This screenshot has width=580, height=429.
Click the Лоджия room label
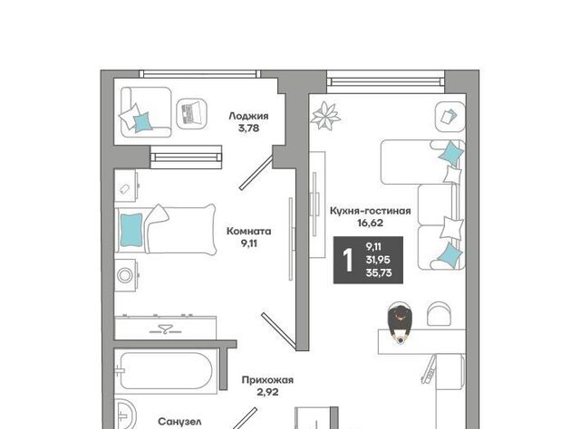(248, 116)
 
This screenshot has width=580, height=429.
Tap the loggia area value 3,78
(249, 129)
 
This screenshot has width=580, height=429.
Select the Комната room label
(248, 232)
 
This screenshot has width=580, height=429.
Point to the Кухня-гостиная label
(371, 211)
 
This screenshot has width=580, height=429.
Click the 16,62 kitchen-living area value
(370, 223)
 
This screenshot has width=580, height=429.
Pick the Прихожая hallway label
(267, 380)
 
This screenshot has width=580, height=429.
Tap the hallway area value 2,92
(267, 392)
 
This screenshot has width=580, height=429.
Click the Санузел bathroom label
(179, 422)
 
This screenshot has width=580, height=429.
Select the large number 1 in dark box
(348, 260)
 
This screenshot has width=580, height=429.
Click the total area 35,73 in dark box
(379, 273)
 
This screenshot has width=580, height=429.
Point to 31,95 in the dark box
(378, 260)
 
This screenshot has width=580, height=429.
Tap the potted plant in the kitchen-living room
(324, 116)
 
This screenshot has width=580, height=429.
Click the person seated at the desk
(400, 322)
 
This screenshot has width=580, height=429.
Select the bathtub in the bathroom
(167, 370)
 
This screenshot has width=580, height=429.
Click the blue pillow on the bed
(131, 231)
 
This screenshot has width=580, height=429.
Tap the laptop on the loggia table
(191, 113)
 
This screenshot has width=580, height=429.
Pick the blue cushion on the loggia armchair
(143, 122)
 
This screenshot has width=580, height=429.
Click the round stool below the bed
(125, 275)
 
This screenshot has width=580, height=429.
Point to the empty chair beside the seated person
(439, 314)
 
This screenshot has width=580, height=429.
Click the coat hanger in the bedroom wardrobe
(166, 329)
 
